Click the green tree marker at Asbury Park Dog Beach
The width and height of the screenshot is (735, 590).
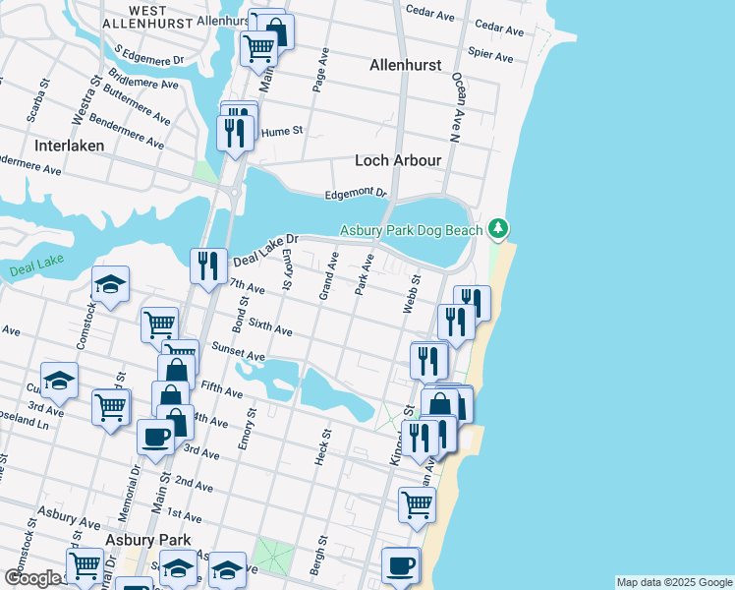pyautogui.click(x=499, y=229)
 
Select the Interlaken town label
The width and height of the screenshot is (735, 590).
pyautogui.click(x=69, y=145)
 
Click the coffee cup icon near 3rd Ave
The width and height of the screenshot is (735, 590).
pyautogui.click(x=155, y=436)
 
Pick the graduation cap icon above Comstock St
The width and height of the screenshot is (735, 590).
pyautogui.click(x=110, y=284)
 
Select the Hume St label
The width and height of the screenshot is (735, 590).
pyautogui.click(x=282, y=130)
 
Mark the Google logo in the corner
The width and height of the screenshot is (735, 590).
pyautogui.click(x=31, y=578)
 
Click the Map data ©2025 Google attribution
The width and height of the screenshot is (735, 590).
pyautogui.click(x=673, y=582)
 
